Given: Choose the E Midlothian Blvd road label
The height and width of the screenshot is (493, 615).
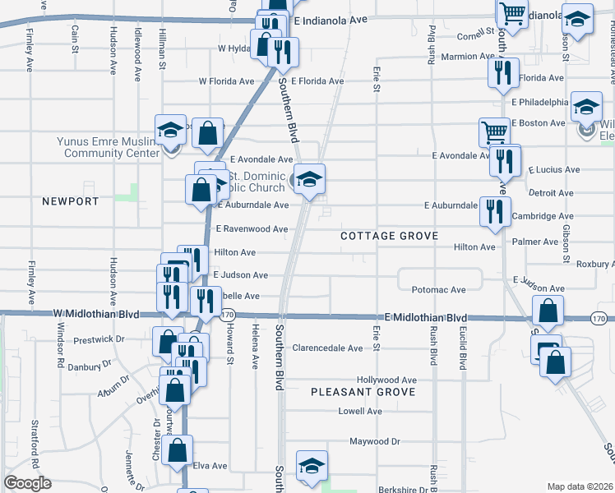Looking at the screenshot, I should (426, 317).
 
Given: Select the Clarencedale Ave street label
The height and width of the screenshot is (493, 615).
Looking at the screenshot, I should (327, 348).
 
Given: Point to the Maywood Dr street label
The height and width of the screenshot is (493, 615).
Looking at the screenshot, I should (374, 441).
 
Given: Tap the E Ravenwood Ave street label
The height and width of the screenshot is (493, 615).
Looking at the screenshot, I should (251, 229).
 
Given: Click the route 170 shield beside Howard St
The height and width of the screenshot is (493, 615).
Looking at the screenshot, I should (229, 315).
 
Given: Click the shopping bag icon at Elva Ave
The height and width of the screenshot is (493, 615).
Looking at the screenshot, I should (178, 450).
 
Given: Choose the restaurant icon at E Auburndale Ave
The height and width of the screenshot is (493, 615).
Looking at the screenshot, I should (495, 210).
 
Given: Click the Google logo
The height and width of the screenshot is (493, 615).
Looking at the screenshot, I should (28, 483).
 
